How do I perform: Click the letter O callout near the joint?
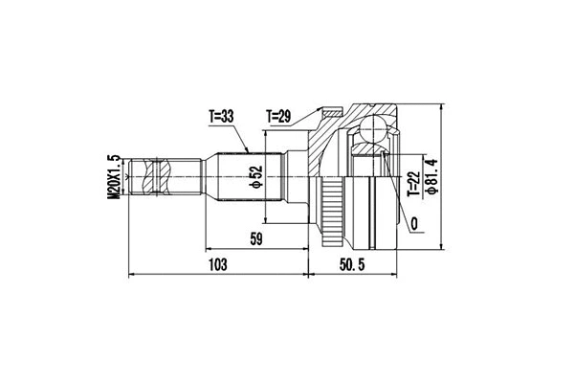[x=414, y=226]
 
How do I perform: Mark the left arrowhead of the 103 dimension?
[x=130, y=275]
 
